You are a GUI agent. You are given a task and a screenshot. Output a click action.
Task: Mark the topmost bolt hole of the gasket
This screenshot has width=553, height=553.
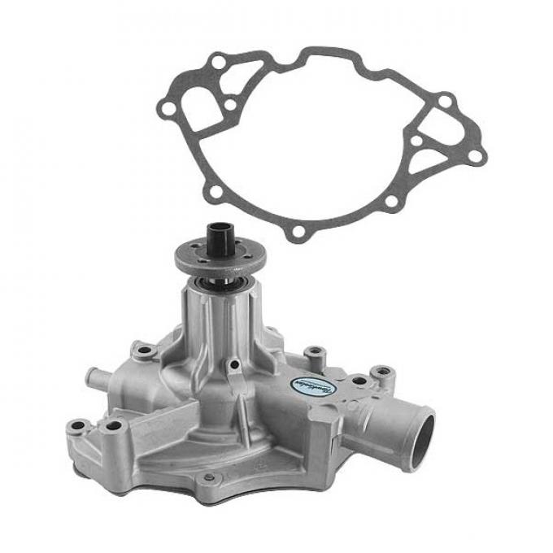218,59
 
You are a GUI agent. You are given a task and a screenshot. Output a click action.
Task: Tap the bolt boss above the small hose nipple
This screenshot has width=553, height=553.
145,350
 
